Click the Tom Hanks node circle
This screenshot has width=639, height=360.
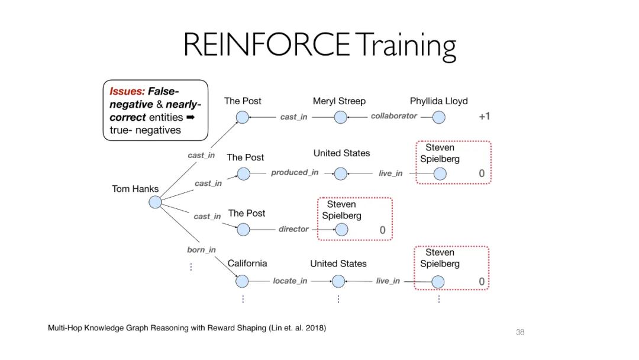pos(155,202)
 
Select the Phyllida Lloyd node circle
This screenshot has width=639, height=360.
pos(438,117)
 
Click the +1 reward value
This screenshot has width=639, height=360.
pos(484,117)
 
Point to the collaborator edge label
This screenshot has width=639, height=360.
pos(393,116)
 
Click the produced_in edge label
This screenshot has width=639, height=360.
pos(295,172)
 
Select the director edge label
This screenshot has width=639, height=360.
pos(293,229)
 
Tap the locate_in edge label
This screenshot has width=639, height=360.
pos(290,281)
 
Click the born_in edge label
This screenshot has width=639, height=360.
pos(201,250)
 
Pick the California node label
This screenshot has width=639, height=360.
pos(247,263)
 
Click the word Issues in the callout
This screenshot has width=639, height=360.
pos(126,91)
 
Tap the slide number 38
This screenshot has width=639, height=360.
pos(520,332)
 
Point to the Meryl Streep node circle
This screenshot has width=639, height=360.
pos(340,117)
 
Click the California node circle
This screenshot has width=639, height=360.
pos(243,281)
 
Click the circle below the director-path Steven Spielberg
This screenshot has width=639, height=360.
pos(341,230)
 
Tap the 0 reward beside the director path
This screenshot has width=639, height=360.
pos(382,230)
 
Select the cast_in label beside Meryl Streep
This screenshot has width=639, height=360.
pos(293,117)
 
